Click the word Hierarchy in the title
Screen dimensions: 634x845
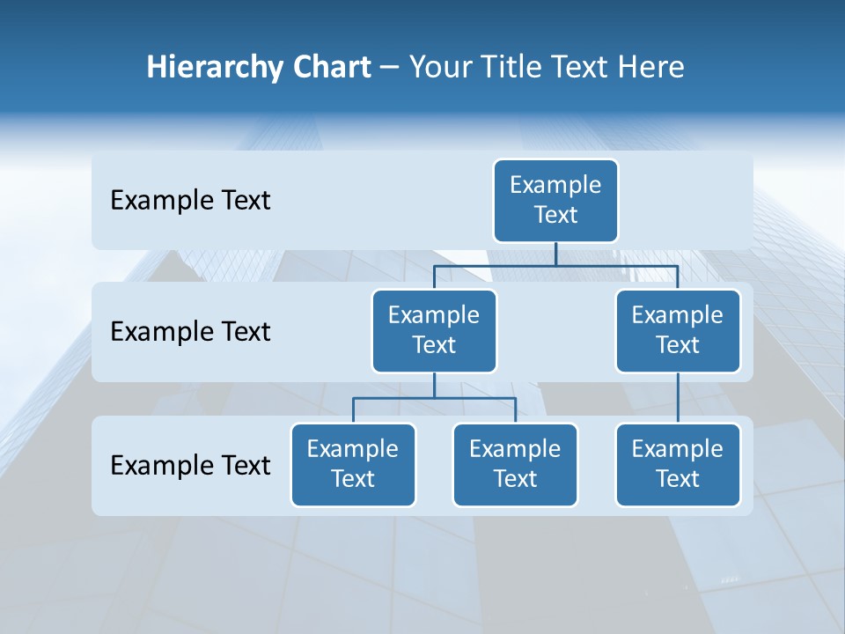[215, 68]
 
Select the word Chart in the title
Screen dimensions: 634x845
[331, 68]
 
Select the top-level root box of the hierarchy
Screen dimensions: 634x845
[555, 201]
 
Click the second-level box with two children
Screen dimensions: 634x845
[434, 331]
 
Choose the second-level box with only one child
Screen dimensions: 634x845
[678, 331]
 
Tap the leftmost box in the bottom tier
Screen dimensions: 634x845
[353, 465]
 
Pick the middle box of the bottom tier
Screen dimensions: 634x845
[515, 465]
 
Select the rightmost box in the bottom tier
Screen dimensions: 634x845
[678, 465]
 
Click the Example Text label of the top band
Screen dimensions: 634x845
[190, 201]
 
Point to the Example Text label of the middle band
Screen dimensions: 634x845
[190, 332]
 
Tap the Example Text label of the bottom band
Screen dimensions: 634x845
[190, 465]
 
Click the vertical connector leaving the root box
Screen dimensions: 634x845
[555, 254]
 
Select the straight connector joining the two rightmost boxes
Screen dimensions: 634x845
[678, 398]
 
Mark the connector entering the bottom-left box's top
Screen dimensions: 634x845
[353, 411]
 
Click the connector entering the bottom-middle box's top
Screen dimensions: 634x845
[515, 411]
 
